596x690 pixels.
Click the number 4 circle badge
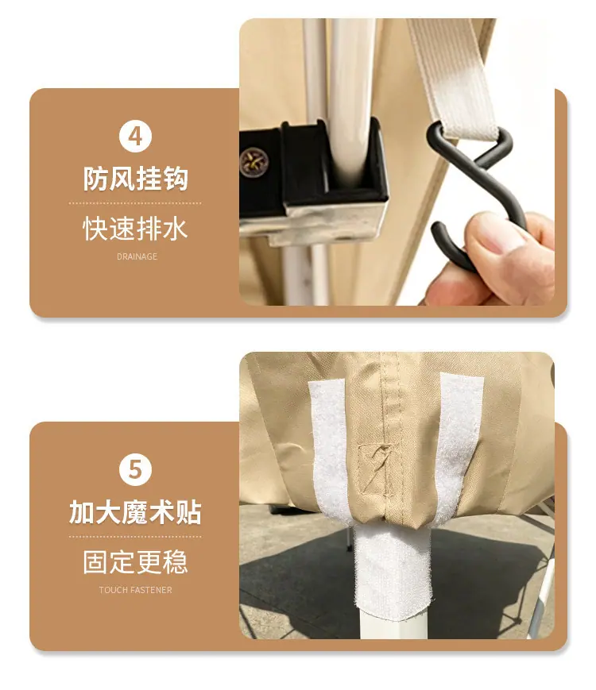135,136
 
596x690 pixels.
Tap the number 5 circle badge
135,469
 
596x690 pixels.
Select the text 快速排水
135,229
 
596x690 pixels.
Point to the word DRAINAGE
137,256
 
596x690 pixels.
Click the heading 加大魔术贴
135,512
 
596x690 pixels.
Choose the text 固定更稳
135,562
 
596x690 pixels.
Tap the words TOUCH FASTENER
135,590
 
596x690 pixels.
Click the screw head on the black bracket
253,162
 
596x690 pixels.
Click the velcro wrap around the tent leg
392,572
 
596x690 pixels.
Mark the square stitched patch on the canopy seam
375,469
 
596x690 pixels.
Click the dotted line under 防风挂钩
135,203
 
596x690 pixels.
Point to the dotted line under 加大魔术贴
135,537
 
